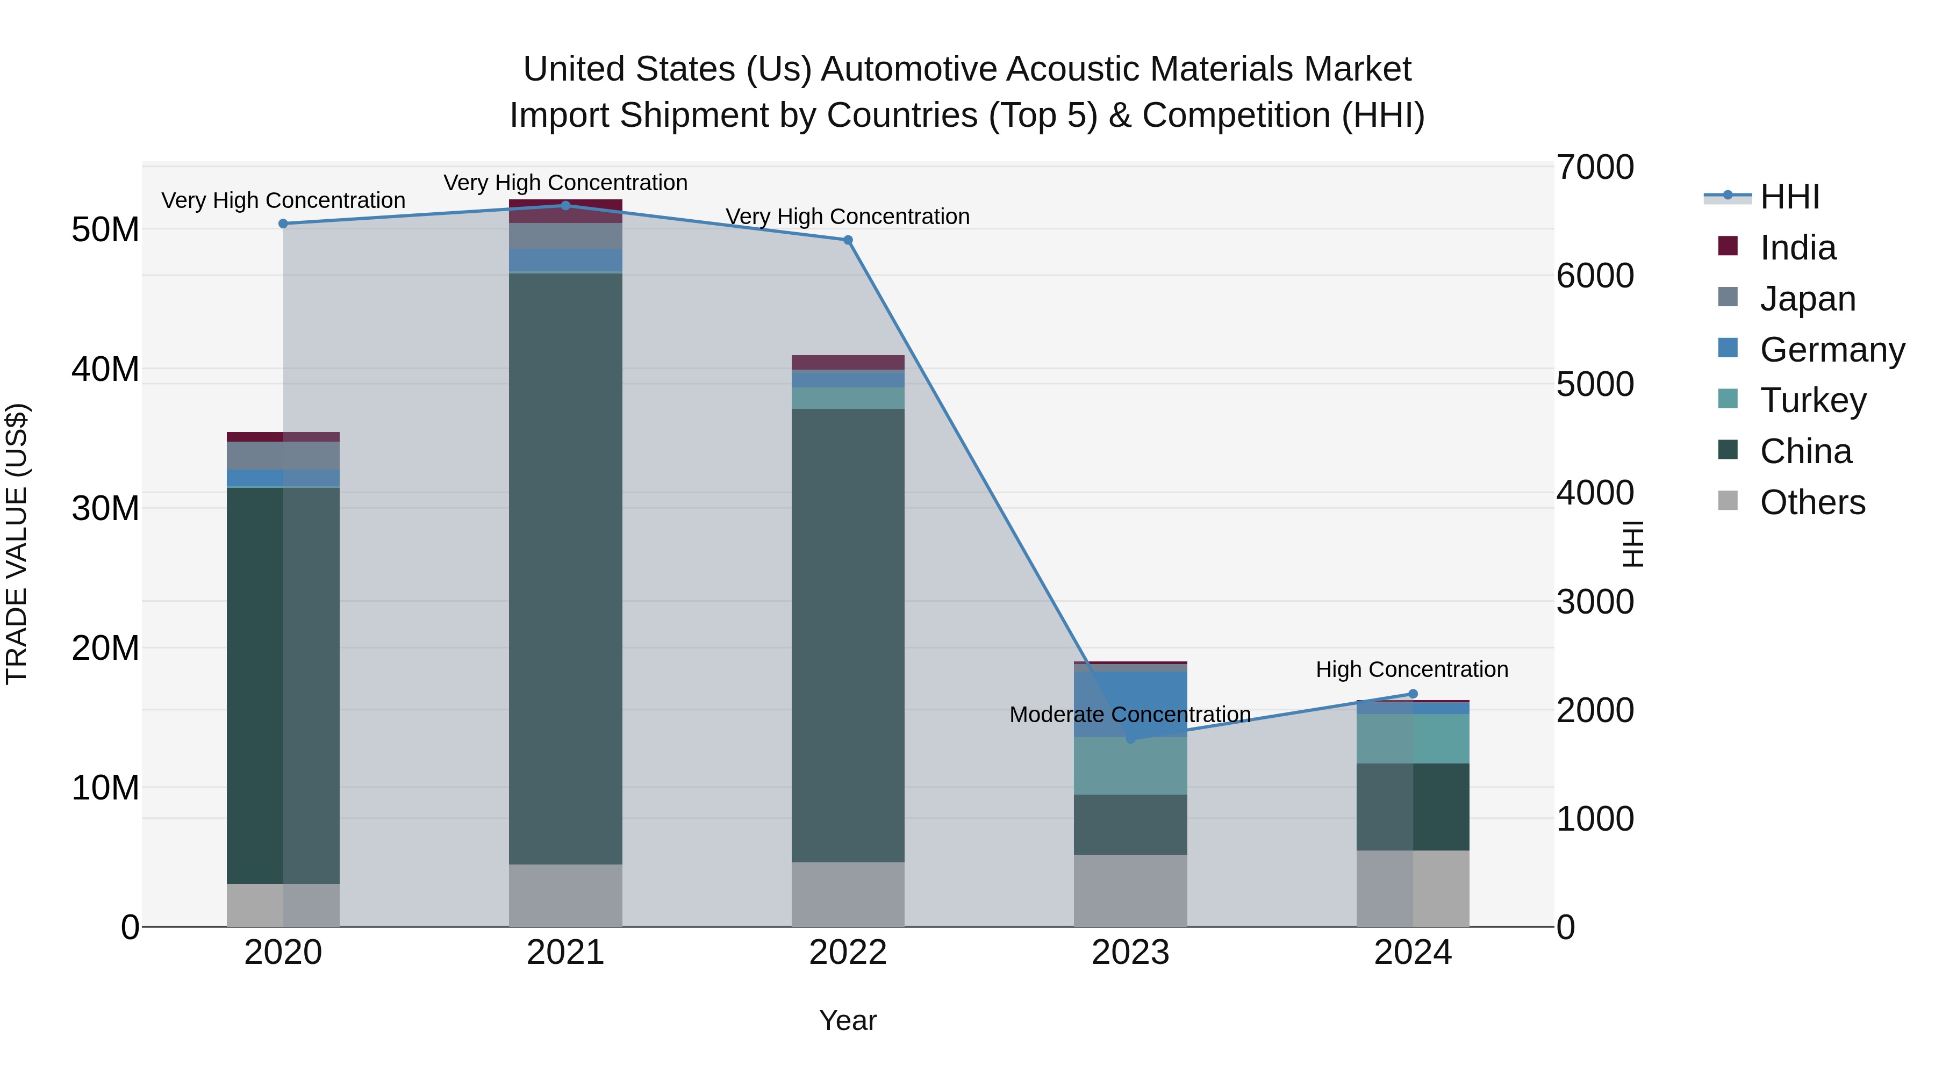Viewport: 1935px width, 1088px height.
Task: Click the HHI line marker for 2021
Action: tap(565, 205)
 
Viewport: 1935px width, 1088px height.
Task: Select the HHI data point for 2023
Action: tap(1130, 739)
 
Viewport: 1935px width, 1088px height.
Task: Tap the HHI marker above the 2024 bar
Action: tap(1413, 694)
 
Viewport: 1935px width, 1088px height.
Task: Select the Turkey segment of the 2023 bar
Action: tap(1130, 765)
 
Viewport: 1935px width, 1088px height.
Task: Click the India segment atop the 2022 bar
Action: tap(848, 362)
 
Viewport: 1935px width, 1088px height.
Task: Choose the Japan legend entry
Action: tap(1807, 299)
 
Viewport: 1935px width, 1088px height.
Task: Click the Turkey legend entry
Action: tap(1812, 400)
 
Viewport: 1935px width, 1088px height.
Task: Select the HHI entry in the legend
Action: tap(1789, 197)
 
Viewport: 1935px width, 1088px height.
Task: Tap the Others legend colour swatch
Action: tap(1728, 501)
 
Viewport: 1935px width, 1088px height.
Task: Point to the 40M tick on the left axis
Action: tap(105, 370)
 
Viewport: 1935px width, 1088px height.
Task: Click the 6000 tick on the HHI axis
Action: tap(1595, 276)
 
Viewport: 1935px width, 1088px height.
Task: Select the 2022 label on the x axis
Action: tap(848, 953)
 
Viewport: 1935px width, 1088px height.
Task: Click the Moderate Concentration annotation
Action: tap(1130, 714)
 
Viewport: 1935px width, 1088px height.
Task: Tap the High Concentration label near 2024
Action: tap(1411, 669)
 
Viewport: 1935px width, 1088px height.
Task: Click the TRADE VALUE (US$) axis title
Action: tap(17, 544)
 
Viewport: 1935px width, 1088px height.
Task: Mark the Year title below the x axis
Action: tap(848, 1020)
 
